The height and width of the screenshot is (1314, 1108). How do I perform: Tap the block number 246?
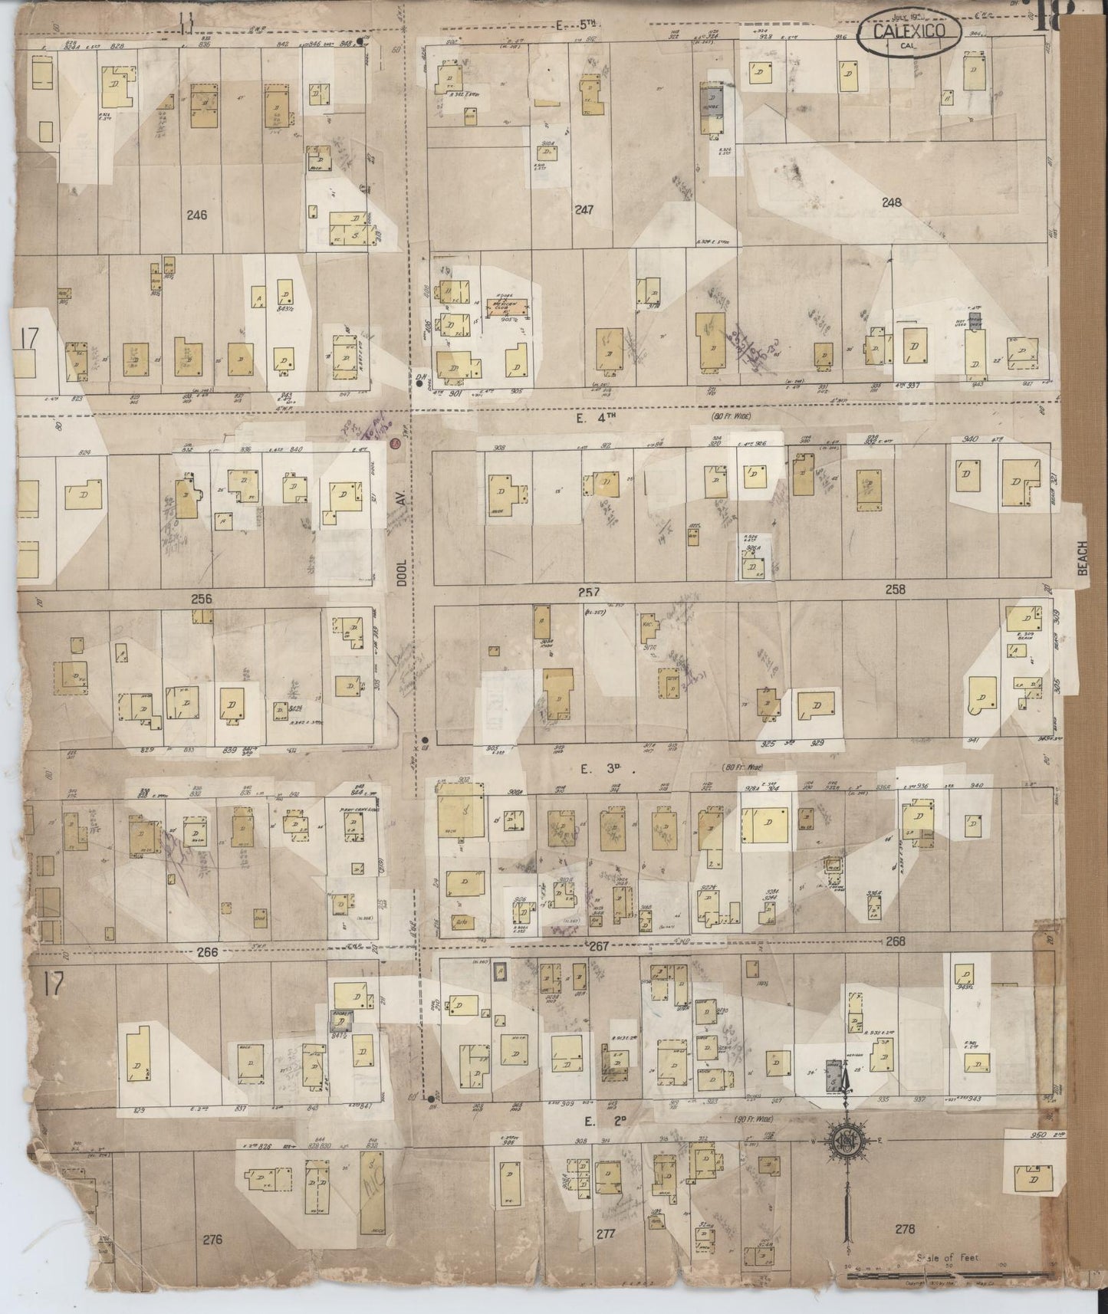click(x=197, y=215)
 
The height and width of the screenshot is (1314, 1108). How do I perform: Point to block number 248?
click(x=891, y=203)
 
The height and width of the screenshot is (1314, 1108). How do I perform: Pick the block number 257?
click(x=589, y=591)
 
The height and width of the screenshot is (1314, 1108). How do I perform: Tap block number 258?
click(x=895, y=590)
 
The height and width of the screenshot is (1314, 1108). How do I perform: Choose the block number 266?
click(x=208, y=952)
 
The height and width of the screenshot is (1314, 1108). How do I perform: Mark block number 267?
click(x=598, y=946)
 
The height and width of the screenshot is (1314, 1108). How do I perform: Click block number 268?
click(x=895, y=941)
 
